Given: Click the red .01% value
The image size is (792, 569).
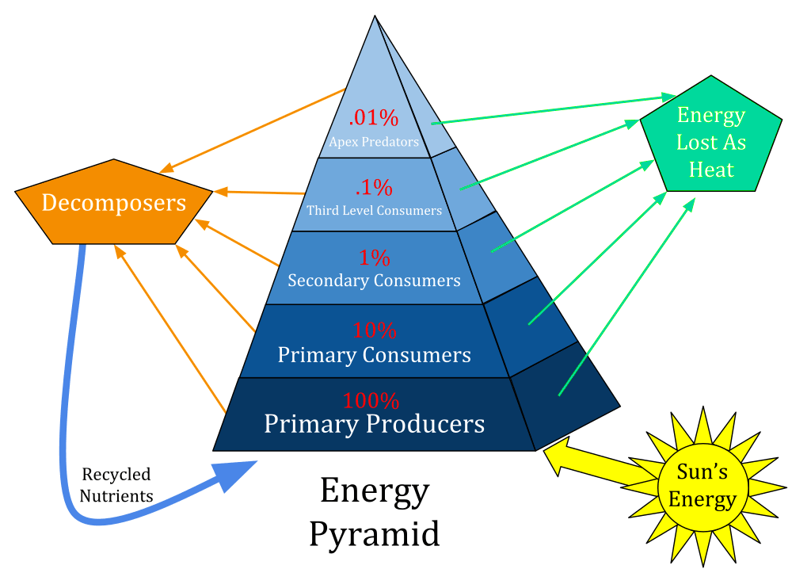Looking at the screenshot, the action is (x=373, y=118).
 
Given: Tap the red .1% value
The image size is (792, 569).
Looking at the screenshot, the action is (x=374, y=188).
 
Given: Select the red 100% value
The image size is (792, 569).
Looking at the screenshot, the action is (x=371, y=401).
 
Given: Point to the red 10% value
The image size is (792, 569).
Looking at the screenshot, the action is (x=375, y=330).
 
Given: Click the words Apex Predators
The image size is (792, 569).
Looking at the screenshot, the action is (x=374, y=142).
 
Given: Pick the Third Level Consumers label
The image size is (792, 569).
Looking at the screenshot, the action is (x=375, y=210).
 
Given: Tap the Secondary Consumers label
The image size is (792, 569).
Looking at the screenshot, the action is (x=375, y=281).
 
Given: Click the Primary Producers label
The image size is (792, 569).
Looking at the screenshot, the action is (x=375, y=423).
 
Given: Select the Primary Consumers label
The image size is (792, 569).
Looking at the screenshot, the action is (x=375, y=355).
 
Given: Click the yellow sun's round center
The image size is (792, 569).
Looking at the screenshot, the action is (x=703, y=487).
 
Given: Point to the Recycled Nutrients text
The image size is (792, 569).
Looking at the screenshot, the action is (x=116, y=485).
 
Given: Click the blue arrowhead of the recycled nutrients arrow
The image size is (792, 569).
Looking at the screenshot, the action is (x=234, y=474).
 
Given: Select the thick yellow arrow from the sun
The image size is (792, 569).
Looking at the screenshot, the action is (x=601, y=460).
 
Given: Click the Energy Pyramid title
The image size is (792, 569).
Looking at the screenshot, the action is (x=375, y=512).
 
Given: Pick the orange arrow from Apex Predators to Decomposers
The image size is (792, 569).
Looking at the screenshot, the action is (x=252, y=131).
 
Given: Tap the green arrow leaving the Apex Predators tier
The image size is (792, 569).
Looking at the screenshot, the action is (x=554, y=109).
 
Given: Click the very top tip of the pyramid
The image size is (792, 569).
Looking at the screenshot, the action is (x=375, y=16).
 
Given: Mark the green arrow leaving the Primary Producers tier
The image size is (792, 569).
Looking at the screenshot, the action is (x=626, y=296).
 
